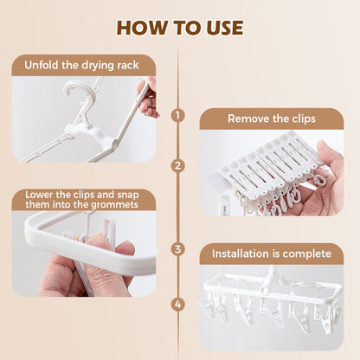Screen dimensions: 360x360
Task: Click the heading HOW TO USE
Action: click(179, 27)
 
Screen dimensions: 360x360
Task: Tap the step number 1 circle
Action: click(178, 114)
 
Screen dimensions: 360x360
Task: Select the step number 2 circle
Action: click(178, 164)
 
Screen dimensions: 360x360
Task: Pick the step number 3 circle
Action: click(178, 249)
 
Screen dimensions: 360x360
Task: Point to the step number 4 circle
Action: click(178, 304)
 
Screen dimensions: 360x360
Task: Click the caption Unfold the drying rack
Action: click(84, 65)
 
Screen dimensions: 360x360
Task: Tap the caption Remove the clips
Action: click(271, 119)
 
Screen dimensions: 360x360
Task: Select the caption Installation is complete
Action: click(272, 254)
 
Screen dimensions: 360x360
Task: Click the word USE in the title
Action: click(217, 27)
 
